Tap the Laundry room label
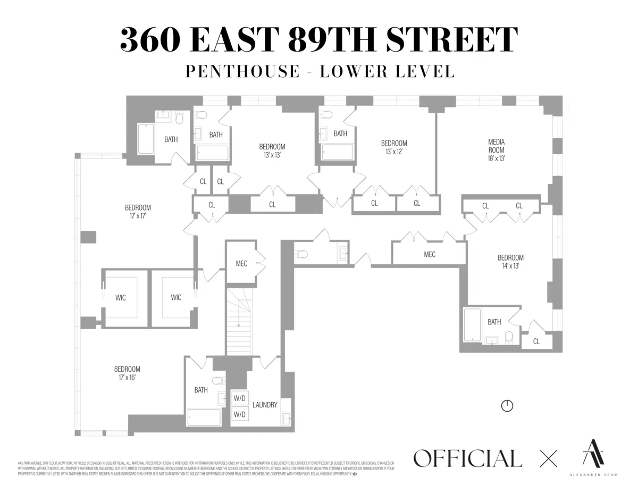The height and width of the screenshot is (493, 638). [x=265, y=405]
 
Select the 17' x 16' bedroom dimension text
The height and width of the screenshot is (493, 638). [x=127, y=378]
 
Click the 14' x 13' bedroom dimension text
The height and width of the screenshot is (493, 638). [x=510, y=266]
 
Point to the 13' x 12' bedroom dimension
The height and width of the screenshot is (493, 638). [x=394, y=152]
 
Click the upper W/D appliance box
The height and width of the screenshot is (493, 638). [x=240, y=397]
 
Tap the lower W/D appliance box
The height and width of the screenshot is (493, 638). [x=240, y=413]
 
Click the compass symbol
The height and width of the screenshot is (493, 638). [x=507, y=406]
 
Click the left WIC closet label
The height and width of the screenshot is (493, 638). [x=121, y=298]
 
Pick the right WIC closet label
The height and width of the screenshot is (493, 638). [x=176, y=298]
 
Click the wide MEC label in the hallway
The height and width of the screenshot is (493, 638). [x=430, y=255]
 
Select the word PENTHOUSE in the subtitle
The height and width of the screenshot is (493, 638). [x=242, y=72]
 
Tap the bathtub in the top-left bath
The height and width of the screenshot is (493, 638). [x=145, y=139]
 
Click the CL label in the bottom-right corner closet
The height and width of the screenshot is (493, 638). [x=536, y=341]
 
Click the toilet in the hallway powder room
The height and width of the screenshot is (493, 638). [x=301, y=254]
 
